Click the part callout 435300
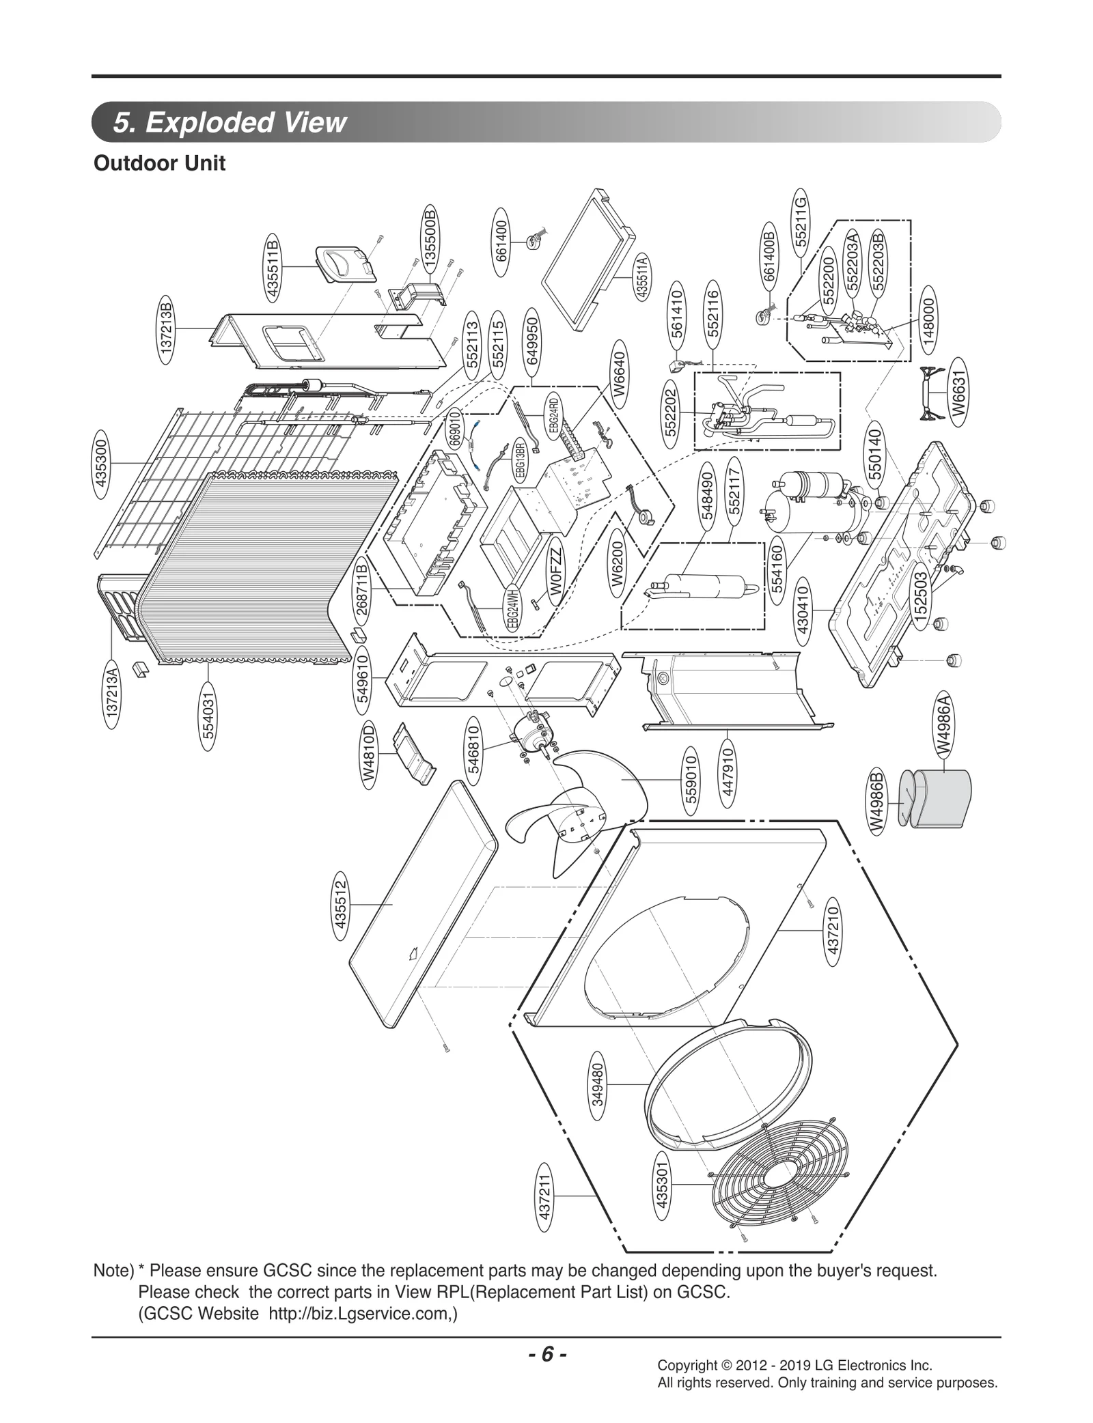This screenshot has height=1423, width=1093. [x=102, y=463]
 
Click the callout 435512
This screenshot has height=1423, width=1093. [x=341, y=910]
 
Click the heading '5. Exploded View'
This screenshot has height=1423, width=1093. [x=230, y=122]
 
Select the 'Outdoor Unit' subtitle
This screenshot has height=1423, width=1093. [x=159, y=164]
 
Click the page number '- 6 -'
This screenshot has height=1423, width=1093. [x=546, y=1354]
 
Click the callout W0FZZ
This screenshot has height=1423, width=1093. [x=557, y=574]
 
